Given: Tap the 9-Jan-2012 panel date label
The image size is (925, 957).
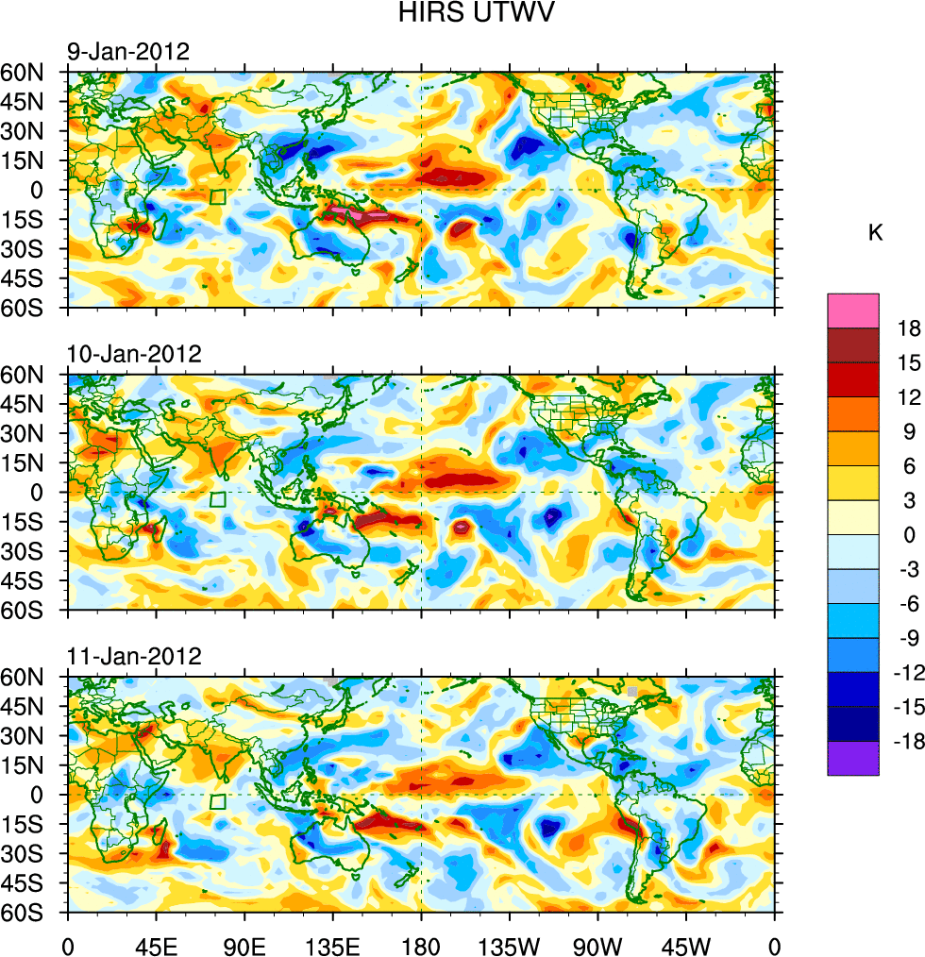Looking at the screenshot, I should coord(127,51).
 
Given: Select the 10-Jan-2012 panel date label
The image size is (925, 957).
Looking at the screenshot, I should coord(133,354).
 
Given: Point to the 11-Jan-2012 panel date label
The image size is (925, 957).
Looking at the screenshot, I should coord(133,656).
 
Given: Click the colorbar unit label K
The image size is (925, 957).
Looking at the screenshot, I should coord(875,232).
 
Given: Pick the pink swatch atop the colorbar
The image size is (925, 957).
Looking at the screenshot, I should coord(852,311).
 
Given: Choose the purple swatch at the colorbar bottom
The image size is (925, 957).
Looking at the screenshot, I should coord(852,758).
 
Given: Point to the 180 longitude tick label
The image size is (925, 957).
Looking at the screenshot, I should coord(421,944).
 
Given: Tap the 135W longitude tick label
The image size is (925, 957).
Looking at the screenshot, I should coord(509,944).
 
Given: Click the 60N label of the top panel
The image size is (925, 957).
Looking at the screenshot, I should coord(33,72).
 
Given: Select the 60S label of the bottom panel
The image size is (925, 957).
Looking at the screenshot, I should coord(33,914).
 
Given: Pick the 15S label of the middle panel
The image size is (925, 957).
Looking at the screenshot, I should coord(33,522).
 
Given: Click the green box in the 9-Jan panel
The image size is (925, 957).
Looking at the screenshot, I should coord(217,197).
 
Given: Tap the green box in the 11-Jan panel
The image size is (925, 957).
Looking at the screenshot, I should coord(217,801).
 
